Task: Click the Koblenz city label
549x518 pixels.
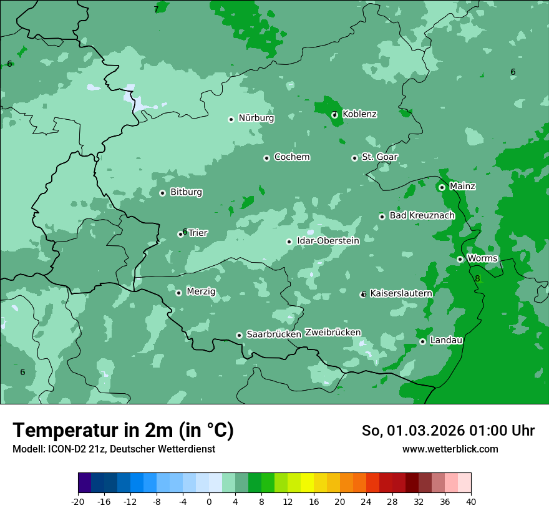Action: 360,114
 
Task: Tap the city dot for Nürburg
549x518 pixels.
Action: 231,119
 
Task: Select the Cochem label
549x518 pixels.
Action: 292,157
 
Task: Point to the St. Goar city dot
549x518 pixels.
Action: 354,158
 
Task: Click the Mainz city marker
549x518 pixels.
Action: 442,187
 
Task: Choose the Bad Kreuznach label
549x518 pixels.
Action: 422,215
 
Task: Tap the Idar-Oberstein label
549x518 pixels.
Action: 328,241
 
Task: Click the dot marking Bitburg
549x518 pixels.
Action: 162,193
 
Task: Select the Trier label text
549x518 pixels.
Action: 198,233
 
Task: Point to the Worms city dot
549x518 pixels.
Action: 460,259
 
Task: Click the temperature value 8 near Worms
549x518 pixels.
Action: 478,278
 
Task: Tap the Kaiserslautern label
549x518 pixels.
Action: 401,293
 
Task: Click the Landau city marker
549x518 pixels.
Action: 422,341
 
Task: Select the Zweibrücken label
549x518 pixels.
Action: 333,333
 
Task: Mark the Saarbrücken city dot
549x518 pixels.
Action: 239,335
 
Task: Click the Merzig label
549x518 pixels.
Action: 201,291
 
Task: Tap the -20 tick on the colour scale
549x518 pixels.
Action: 78,501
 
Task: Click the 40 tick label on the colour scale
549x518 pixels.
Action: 470,501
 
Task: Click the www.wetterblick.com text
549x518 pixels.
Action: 450,449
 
